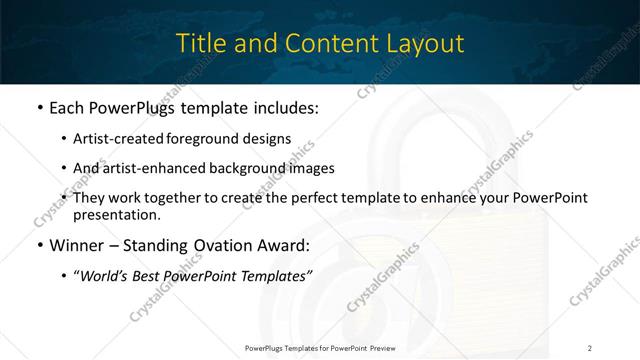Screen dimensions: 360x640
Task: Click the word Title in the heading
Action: coord(198,43)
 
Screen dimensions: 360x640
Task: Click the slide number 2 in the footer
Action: coord(590,347)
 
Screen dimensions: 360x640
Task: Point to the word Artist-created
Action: coord(121,139)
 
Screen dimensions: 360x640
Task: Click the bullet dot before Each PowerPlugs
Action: coord(38,109)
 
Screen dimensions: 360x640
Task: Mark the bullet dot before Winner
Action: coord(38,244)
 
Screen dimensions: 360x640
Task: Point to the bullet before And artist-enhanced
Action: coord(65,168)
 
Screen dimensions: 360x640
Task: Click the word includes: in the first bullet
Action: coord(288,109)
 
